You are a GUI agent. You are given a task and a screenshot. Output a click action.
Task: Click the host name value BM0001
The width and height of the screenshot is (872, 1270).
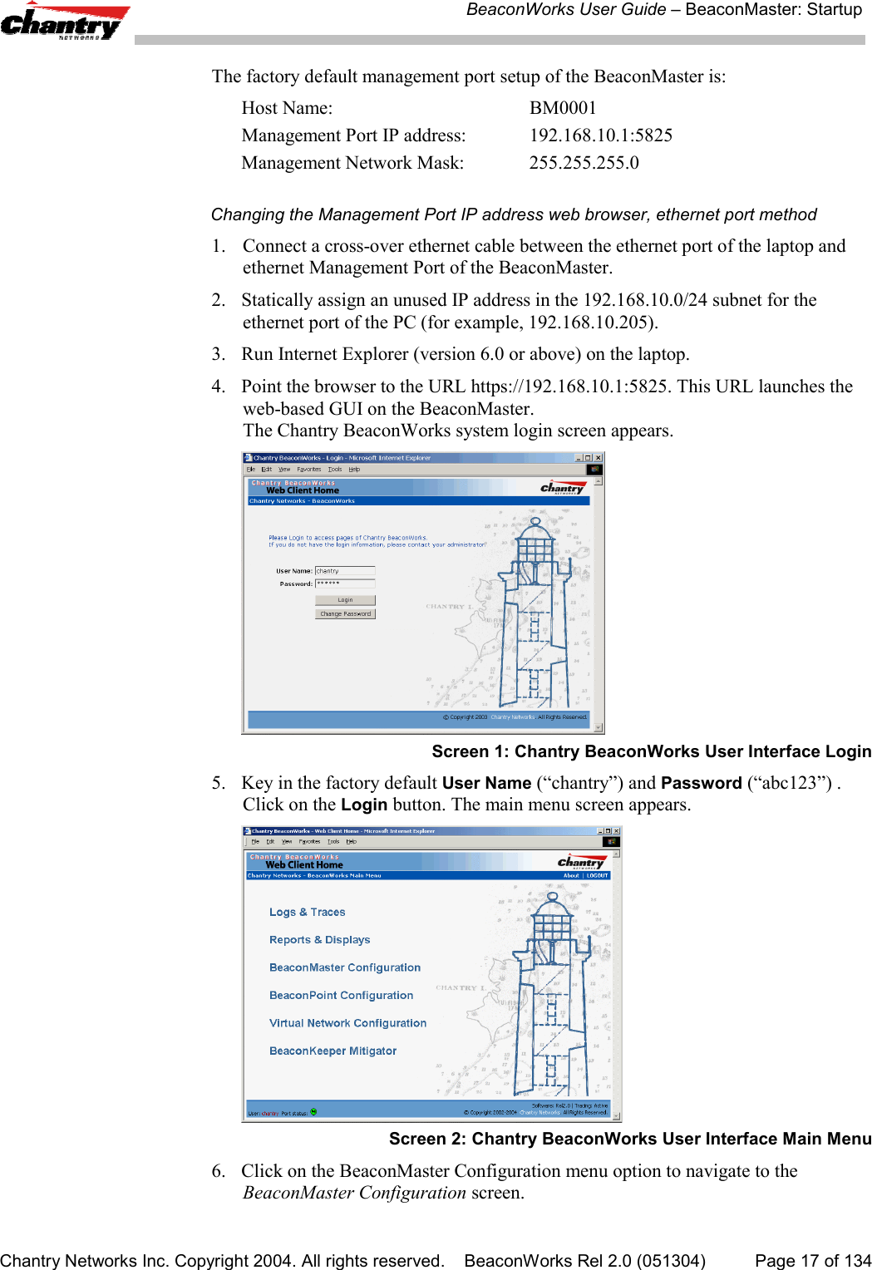click(x=563, y=108)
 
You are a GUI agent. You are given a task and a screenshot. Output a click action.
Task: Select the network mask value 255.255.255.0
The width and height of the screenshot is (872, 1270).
click(x=584, y=163)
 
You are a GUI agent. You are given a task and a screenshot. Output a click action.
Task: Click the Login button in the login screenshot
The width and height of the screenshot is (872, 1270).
click(x=345, y=600)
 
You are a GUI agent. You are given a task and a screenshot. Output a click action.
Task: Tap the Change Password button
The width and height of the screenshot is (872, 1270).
click(x=345, y=614)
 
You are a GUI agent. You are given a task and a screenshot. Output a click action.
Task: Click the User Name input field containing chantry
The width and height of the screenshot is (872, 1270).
click(x=345, y=571)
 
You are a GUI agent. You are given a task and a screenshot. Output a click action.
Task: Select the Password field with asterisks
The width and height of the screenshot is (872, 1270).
click(x=345, y=583)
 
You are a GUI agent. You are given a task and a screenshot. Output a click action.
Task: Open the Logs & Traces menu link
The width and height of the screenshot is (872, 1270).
click(x=307, y=912)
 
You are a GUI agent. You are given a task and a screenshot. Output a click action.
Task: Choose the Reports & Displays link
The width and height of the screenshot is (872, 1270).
click(x=319, y=940)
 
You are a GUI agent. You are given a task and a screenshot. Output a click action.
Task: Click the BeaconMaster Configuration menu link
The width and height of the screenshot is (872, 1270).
click(x=344, y=967)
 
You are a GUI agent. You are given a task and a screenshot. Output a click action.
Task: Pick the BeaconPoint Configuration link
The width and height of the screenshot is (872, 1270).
click(x=341, y=996)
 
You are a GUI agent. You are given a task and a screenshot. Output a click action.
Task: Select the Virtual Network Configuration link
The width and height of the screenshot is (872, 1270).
click(x=347, y=1023)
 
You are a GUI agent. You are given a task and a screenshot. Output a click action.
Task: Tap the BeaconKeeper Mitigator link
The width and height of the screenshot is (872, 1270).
click(x=333, y=1051)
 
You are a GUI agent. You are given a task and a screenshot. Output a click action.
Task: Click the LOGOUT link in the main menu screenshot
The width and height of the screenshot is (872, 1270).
click(x=597, y=875)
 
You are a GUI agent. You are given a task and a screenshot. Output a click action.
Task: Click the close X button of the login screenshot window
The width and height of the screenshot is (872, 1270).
click(x=598, y=458)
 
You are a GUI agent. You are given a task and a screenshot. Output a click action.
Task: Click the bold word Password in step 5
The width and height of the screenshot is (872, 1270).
click(x=701, y=783)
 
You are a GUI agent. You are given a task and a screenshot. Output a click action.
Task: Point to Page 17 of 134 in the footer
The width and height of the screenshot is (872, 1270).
click(x=812, y=1261)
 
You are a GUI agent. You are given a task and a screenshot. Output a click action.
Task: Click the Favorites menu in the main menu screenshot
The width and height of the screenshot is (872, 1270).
click(x=309, y=841)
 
